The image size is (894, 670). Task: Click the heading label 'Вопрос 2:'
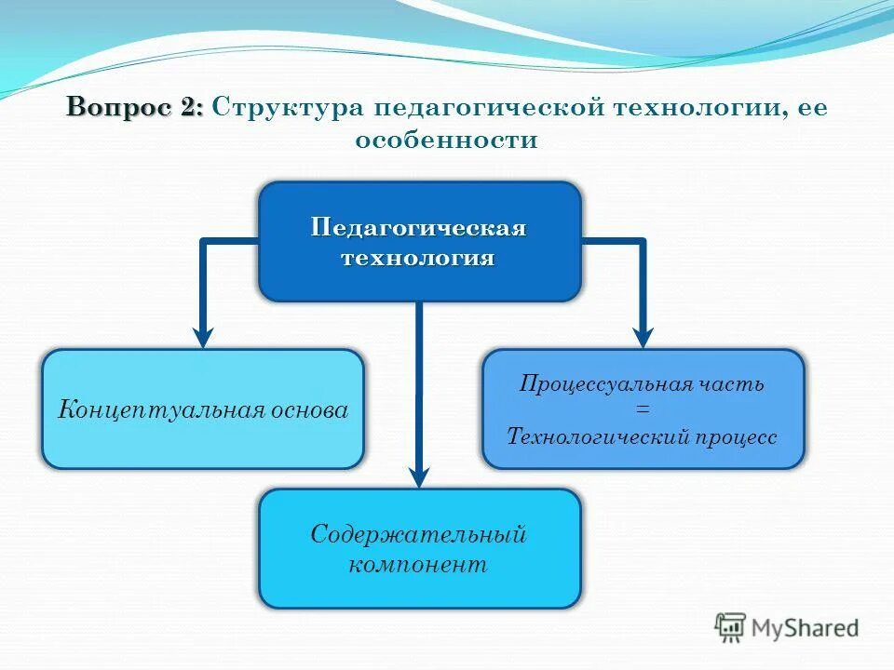[x=134, y=107]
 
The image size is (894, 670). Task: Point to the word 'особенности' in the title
[x=446, y=141]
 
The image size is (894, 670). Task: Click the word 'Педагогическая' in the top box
[x=419, y=228]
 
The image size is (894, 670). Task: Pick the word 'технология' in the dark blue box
[x=419, y=258]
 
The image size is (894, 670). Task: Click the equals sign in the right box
[x=643, y=409]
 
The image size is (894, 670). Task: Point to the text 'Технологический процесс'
[x=643, y=436]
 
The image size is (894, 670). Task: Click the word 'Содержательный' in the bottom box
[x=419, y=534]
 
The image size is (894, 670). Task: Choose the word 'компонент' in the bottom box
[x=419, y=564]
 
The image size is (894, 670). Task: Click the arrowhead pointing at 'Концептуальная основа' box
[x=203, y=337]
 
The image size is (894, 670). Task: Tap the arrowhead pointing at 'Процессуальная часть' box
[x=643, y=337]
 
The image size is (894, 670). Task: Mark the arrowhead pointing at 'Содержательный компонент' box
[x=419, y=476]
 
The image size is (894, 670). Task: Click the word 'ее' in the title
[x=812, y=107]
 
